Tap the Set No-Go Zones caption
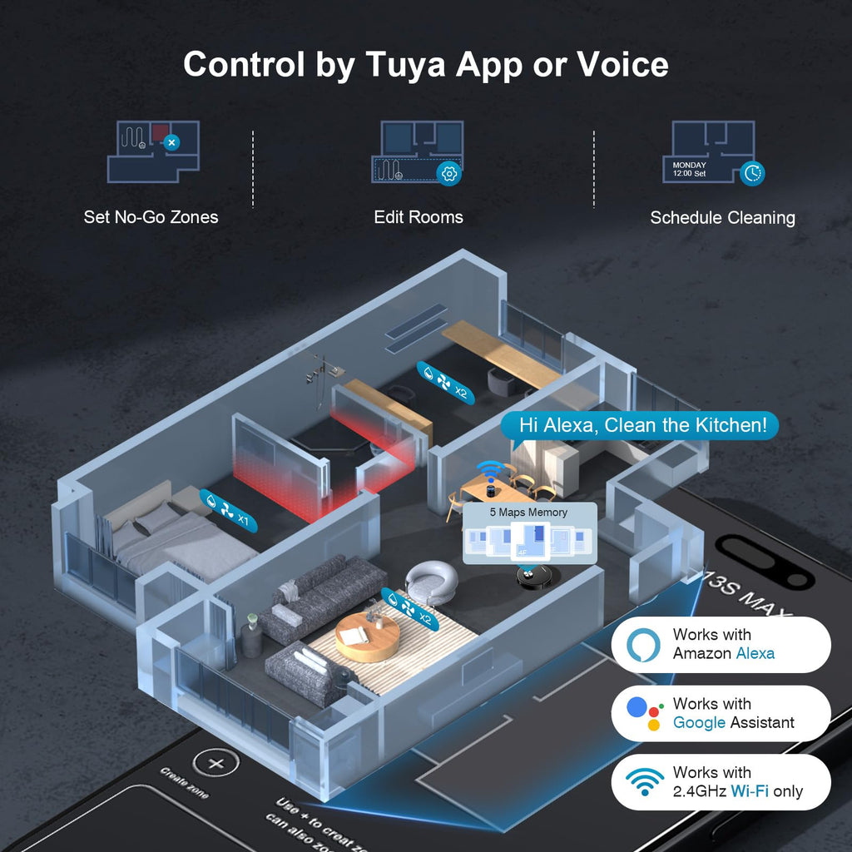pos(151,217)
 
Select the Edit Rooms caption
pos(419,217)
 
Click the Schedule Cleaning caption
pos(722,218)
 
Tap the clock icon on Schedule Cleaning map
pos(752,173)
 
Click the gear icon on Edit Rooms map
pos(449,173)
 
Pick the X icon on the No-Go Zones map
pos(171,142)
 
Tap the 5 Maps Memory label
pos(529,512)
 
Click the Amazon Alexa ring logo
pos(641,644)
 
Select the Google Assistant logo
pos(641,713)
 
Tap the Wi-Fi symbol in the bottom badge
pos(645,782)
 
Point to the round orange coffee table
pos(367,638)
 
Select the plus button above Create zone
pos(215,763)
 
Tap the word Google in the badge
pos(699,723)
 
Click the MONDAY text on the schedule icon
pos(689,166)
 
